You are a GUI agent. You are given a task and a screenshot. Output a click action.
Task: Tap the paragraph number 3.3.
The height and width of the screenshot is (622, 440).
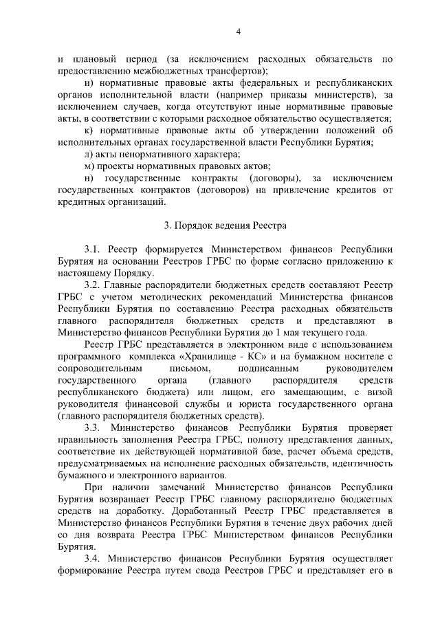click(x=92, y=427)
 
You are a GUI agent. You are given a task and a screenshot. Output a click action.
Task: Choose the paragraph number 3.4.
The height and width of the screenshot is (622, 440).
click(x=92, y=558)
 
